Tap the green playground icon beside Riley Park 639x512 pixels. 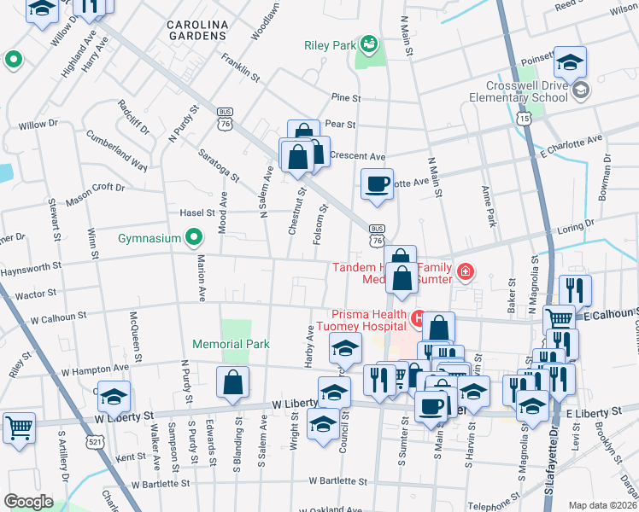click(369, 43)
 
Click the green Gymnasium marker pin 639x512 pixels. click(194, 237)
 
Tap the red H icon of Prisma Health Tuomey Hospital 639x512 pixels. click(418, 320)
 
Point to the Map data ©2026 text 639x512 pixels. click(602, 505)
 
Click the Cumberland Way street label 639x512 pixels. click(116, 150)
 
